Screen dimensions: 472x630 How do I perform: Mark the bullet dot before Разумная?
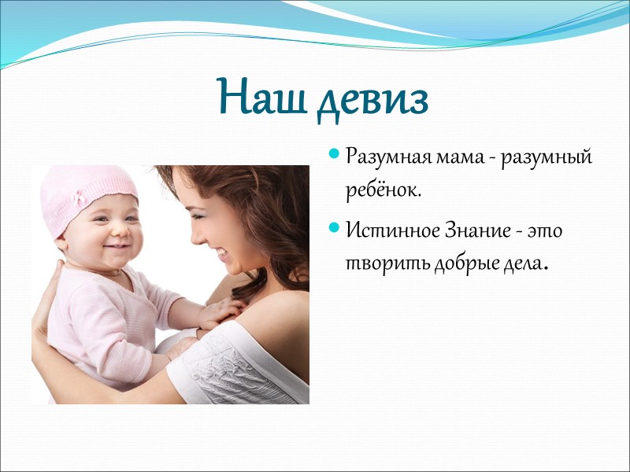coord(335,154)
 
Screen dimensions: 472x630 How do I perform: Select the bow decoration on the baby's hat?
coord(81,198)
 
